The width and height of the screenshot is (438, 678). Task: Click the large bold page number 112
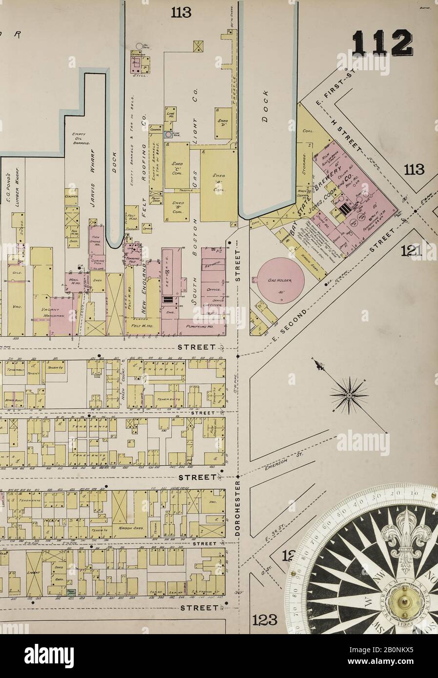pos(382,43)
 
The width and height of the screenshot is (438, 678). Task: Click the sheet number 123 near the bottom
pos(265,620)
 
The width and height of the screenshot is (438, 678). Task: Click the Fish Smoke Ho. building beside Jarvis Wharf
pos(96,241)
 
